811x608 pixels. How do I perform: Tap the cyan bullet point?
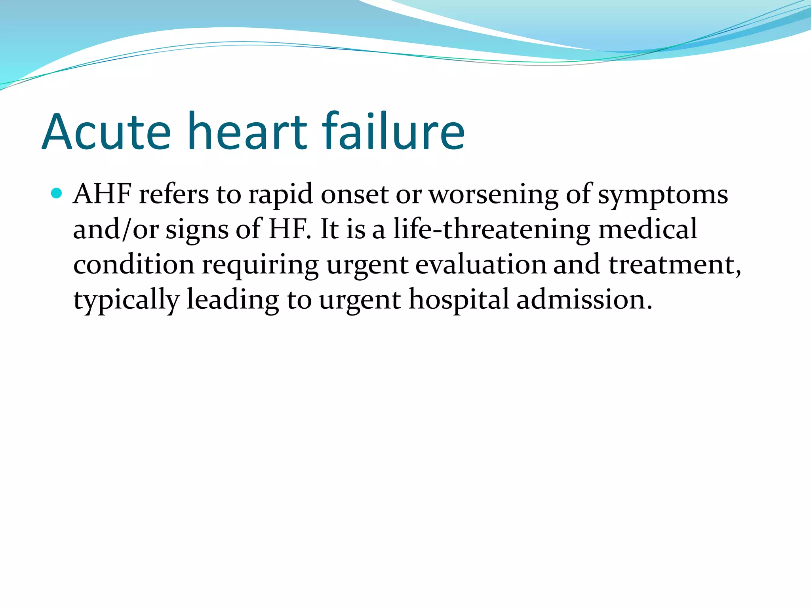click(x=57, y=194)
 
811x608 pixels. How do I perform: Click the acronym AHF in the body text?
click(x=102, y=194)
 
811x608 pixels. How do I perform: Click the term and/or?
click(x=116, y=230)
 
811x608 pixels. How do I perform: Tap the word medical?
click(x=647, y=229)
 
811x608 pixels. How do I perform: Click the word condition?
click(x=134, y=264)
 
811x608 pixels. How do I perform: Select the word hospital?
click(x=459, y=300)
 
